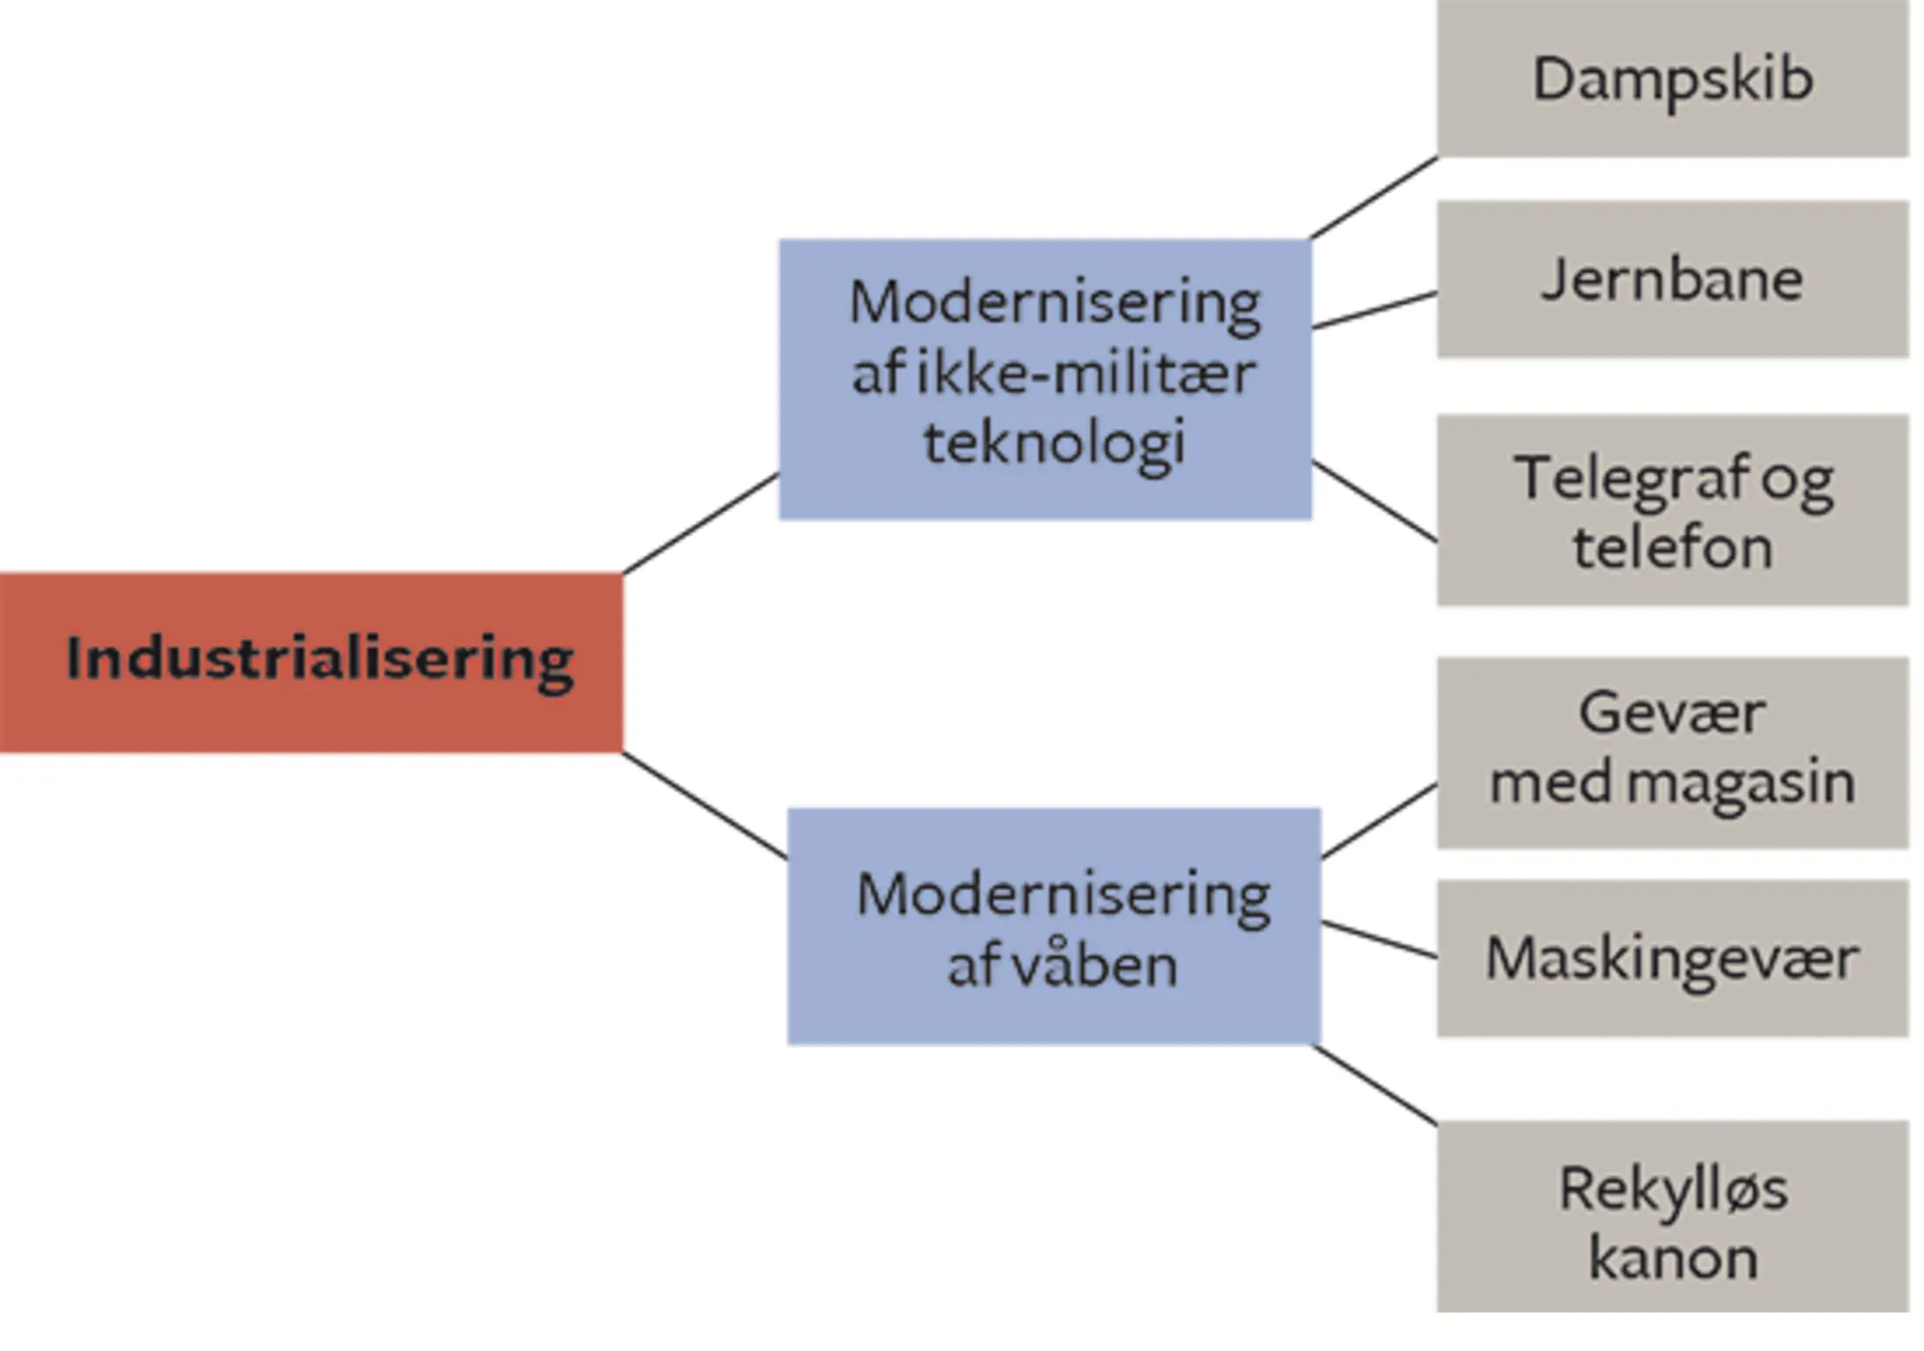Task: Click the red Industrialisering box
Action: (x=311, y=662)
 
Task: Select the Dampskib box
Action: (x=1672, y=79)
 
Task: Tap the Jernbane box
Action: (x=1672, y=279)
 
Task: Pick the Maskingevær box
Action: (x=1672, y=958)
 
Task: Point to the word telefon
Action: (x=1672, y=548)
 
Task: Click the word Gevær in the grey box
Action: (x=1672, y=713)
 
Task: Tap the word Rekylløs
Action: (x=1672, y=1189)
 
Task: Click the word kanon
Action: (x=1672, y=1259)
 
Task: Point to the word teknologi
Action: (x=1053, y=444)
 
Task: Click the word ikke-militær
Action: (x=1085, y=373)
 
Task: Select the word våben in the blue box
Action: (x=1096, y=965)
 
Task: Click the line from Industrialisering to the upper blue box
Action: (x=700, y=523)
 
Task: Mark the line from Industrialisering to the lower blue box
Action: (x=704, y=805)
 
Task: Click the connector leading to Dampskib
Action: (x=1374, y=197)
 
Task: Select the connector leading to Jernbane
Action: (x=1374, y=311)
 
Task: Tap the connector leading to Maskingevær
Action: (x=1380, y=940)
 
